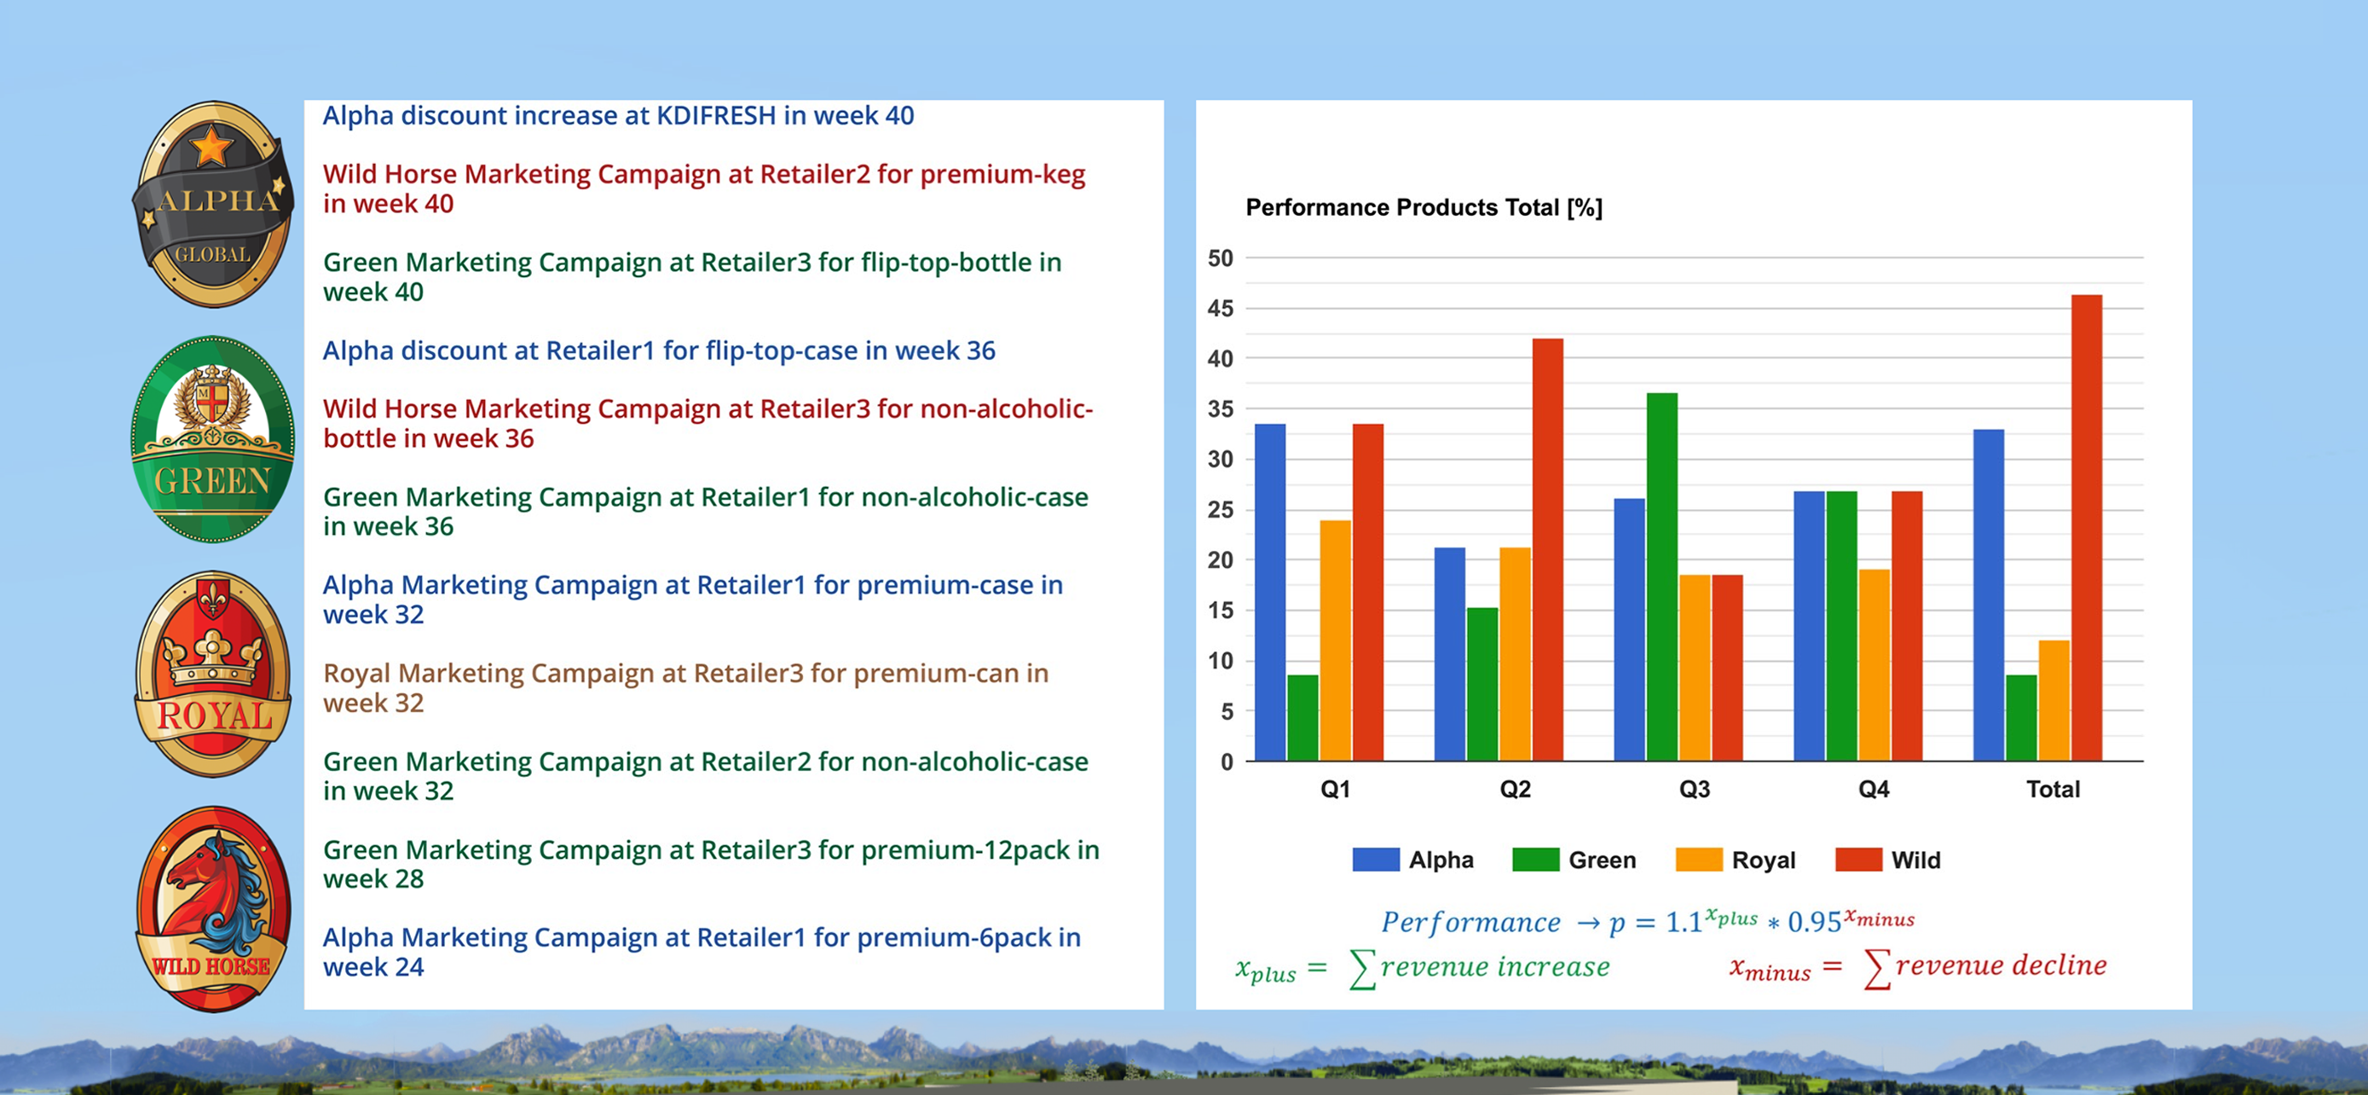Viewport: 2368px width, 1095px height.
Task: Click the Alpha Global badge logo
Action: coord(213,204)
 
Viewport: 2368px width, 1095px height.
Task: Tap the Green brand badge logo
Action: coord(213,439)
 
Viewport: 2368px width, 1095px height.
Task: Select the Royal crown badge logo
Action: coord(213,674)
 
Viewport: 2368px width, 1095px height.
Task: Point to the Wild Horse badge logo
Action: coord(213,909)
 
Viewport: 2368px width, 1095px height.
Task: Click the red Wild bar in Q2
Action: coord(1547,550)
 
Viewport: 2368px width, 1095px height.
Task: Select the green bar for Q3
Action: coord(1662,577)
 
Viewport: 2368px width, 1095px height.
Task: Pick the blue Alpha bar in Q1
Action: coord(1270,592)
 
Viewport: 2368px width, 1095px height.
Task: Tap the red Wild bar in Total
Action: coord(2087,528)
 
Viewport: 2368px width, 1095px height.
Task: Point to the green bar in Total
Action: coord(2021,718)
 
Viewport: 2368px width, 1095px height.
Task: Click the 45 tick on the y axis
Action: coord(1221,308)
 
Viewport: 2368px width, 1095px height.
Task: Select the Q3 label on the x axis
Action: coord(1695,789)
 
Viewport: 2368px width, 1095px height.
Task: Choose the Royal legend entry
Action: coord(1736,860)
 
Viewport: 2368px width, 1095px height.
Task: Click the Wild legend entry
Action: coord(1888,860)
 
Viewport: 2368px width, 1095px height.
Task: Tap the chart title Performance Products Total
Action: coord(1424,208)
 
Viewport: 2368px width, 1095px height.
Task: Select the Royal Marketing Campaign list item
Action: coord(685,687)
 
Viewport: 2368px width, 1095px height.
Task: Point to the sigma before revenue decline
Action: coord(1877,968)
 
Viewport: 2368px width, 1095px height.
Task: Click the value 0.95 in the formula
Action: coord(1815,922)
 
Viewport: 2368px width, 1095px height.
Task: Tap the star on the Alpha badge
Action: coord(211,145)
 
